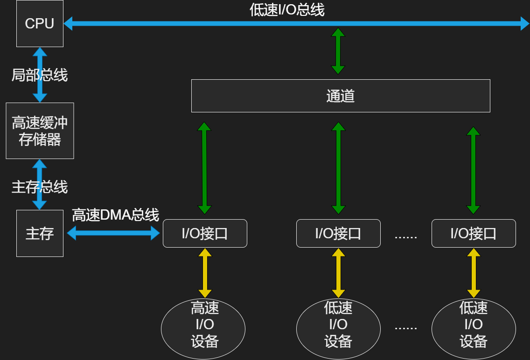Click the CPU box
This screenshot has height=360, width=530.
(40, 23)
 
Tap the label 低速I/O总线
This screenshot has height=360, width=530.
(287, 10)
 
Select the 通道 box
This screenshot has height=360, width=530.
(341, 96)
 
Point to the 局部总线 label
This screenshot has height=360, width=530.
(40, 75)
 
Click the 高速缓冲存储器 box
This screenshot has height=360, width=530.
(40, 131)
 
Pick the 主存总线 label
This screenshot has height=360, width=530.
(40, 187)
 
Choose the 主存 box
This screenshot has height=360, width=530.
(40, 233)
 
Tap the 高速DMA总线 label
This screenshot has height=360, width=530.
(115, 215)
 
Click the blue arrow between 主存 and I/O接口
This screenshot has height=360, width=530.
(113, 233)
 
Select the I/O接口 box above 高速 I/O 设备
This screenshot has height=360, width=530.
(205, 233)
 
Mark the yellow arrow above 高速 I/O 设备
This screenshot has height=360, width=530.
(205, 273)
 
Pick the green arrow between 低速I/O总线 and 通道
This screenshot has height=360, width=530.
(338, 51)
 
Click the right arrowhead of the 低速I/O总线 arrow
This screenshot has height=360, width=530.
(525, 23)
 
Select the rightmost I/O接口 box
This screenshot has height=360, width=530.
(474, 233)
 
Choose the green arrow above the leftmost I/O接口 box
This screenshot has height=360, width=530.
(204, 168)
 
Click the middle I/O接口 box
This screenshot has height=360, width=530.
(338, 233)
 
